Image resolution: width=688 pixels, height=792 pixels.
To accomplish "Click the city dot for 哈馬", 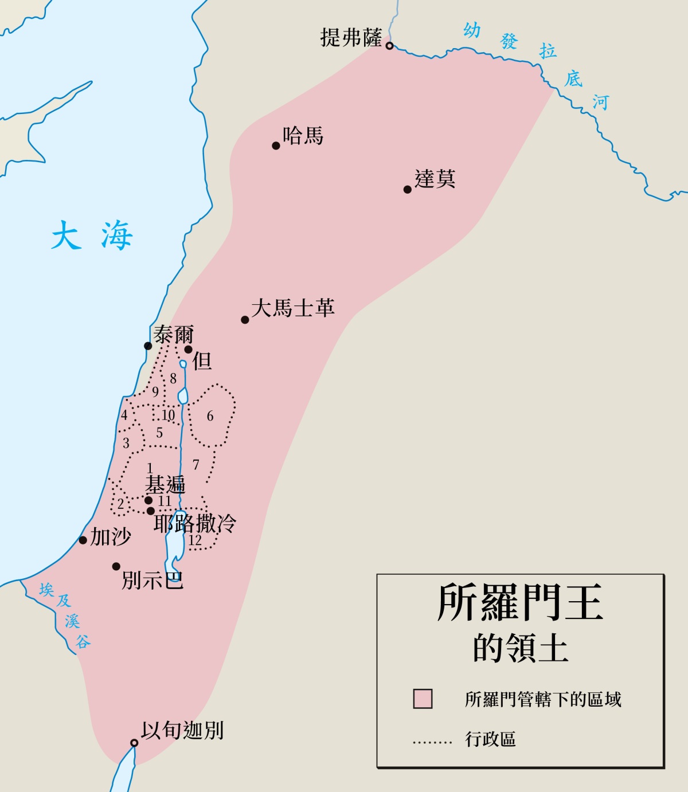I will click(x=276, y=146).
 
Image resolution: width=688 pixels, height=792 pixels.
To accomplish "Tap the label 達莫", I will click(x=435, y=179).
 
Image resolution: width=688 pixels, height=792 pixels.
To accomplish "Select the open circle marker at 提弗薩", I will click(x=389, y=46).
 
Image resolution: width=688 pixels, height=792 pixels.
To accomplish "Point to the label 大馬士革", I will click(x=292, y=308).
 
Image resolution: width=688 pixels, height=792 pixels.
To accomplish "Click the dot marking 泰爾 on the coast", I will click(x=148, y=346).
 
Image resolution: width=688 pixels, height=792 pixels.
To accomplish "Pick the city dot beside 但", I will click(x=188, y=349).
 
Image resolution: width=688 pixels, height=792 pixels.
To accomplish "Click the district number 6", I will click(x=210, y=416).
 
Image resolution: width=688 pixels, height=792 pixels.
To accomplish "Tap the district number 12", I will click(x=195, y=540).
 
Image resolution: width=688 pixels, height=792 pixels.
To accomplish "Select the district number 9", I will click(x=155, y=392).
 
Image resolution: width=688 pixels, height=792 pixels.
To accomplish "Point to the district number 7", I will click(x=196, y=464).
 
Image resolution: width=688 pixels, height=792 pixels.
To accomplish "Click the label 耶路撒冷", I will click(x=195, y=523).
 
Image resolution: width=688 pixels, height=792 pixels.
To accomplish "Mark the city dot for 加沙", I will click(x=83, y=540).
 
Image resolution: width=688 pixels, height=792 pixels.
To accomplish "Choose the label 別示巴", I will click(x=153, y=581).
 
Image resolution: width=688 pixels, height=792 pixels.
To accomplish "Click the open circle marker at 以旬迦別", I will click(x=134, y=743).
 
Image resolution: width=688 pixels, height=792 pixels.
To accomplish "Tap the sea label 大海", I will click(x=92, y=236).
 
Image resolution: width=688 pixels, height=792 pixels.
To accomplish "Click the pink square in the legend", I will click(x=423, y=699).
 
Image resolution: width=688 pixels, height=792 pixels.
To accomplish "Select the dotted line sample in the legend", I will click(x=432, y=742).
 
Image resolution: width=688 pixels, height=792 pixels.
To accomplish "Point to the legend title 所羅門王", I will click(x=520, y=603).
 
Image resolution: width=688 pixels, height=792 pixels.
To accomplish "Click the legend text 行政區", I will click(x=490, y=739).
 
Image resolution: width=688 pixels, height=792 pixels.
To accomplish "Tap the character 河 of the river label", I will click(x=600, y=102).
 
